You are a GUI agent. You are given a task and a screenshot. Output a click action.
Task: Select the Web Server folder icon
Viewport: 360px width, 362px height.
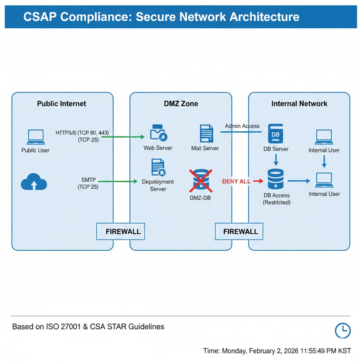[x=159, y=133]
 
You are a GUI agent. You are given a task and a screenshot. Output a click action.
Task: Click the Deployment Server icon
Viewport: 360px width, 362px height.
[x=158, y=168]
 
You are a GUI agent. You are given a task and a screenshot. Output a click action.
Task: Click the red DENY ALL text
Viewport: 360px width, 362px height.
[x=236, y=181]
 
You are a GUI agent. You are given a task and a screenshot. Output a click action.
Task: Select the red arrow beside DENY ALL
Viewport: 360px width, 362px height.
[x=258, y=181]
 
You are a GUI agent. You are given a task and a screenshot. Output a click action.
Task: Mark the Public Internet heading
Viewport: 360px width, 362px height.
[x=61, y=104]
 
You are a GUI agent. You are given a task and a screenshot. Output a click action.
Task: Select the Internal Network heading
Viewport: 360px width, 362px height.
[x=299, y=104]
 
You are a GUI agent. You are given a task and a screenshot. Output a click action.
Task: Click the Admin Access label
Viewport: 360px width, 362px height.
[x=242, y=126]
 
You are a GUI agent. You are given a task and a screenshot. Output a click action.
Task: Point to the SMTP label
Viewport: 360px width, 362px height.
[x=88, y=180]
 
